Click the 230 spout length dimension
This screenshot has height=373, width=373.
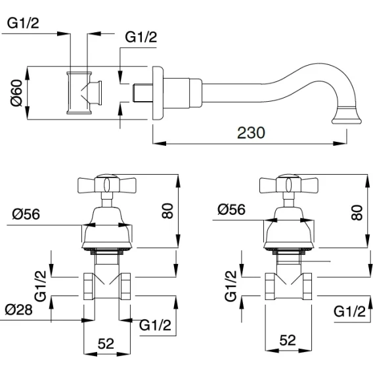251,133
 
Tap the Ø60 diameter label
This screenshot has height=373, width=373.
16,93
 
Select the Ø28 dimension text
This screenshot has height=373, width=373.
19,310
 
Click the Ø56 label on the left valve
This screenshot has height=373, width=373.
26,214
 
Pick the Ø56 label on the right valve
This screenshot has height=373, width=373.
231,209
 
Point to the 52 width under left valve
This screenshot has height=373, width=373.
106,343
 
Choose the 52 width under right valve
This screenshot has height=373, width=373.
288,340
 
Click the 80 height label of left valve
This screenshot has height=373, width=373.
167,211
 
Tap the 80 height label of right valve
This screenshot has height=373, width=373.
357,212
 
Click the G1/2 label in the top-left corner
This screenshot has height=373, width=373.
23,24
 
